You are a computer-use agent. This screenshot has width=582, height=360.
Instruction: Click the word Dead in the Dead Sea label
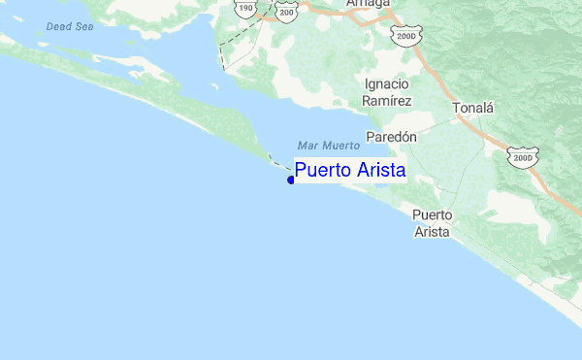pyautogui.click(x=57, y=26)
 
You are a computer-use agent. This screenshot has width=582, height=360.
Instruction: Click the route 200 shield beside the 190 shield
pyautogui.click(x=285, y=11)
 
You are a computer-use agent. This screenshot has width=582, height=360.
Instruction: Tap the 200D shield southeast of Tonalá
pyautogui.click(x=524, y=157)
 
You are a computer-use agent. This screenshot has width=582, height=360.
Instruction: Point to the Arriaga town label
pyautogui.click(x=368, y=4)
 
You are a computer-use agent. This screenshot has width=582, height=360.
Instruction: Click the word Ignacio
pyautogui.click(x=388, y=84)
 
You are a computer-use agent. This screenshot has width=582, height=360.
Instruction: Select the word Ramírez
pyautogui.click(x=388, y=100)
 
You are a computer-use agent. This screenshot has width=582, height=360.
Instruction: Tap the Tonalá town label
pyautogui.click(x=472, y=108)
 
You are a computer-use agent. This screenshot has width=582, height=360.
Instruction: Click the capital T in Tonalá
pyautogui.click(x=456, y=108)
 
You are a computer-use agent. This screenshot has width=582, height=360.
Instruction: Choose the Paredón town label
pyautogui.click(x=391, y=137)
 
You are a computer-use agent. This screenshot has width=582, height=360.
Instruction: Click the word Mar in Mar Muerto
pyautogui.click(x=307, y=146)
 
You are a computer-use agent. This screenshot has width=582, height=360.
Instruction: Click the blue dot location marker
pyautogui.click(x=291, y=179)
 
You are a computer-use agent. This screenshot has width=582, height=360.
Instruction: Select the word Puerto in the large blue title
pyautogui.click(x=327, y=171)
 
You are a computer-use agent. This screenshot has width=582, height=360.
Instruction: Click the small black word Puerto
pyautogui.click(x=432, y=214)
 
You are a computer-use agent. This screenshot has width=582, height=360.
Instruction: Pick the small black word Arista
pyautogui.click(x=432, y=232)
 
